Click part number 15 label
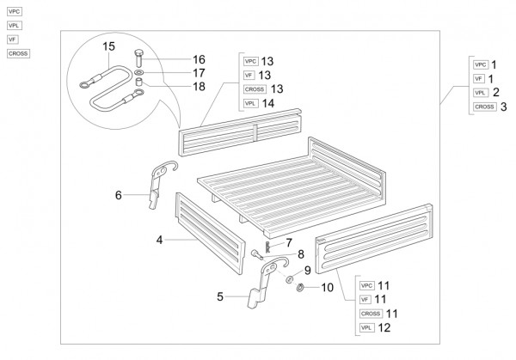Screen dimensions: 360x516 click(108, 45)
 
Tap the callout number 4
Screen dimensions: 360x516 click(159, 241)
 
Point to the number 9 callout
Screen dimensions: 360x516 click(308, 271)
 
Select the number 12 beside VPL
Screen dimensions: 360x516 click(384, 327)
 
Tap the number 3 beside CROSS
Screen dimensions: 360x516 click(503, 107)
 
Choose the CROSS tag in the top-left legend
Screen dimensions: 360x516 click(17, 53)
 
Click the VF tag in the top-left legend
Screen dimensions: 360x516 click(12, 40)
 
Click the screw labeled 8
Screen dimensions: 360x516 click(258, 253)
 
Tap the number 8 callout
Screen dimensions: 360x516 click(301, 255)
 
